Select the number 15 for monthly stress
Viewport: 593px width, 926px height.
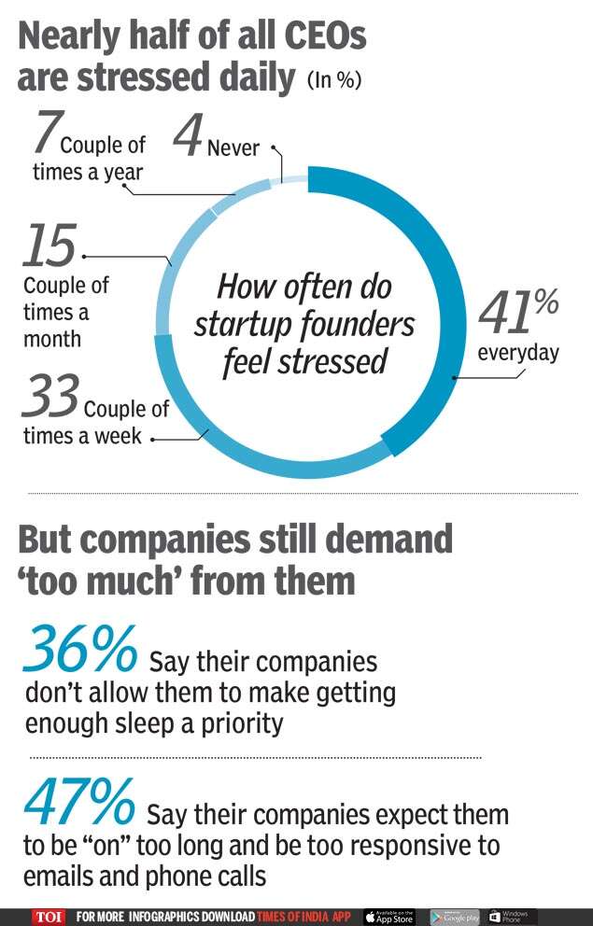49,246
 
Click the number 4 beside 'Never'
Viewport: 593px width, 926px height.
188,139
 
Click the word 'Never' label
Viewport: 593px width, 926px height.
233,147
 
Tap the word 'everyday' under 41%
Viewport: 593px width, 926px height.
518,353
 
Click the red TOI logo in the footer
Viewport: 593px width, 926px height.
49,917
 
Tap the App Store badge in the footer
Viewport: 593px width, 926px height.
388,917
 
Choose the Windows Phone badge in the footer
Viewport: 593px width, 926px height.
510,917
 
